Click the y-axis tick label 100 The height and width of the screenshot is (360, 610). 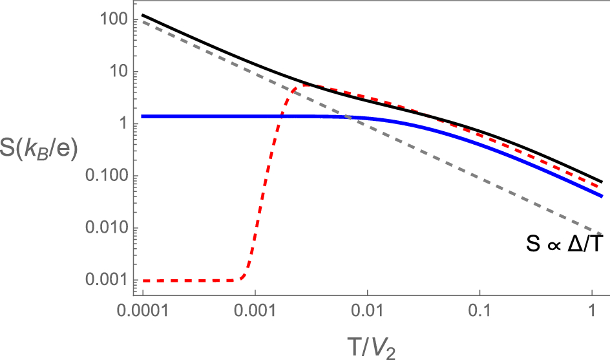(x=110, y=20)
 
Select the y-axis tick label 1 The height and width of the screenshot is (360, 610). (x=121, y=124)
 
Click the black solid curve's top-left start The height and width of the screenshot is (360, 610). (x=143, y=15)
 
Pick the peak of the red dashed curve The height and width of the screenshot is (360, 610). (x=304, y=85)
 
